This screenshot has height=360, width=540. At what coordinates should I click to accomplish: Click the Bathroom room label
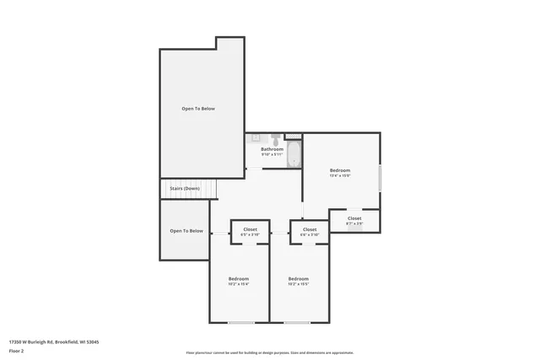[x=272, y=149]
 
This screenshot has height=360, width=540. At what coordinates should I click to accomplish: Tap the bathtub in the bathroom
[x=294, y=154]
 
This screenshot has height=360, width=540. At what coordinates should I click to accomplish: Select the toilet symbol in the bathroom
[x=275, y=139]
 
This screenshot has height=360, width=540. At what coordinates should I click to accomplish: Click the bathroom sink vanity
[x=256, y=139]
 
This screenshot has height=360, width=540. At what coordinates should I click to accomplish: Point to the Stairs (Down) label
[x=185, y=188]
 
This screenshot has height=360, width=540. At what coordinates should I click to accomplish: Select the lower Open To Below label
[x=186, y=230]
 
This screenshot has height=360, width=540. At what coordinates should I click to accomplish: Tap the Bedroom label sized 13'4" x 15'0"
[x=340, y=170]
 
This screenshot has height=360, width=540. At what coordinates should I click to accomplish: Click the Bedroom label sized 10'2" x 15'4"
[x=239, y=278]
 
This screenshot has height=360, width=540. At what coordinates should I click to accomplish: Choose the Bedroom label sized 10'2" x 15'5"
[x=299, y=278]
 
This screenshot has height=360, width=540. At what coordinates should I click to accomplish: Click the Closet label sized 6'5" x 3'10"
[x=251, y=229]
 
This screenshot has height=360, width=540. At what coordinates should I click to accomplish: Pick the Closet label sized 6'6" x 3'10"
[x=310, y=229]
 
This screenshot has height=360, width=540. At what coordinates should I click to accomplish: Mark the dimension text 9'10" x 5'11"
[x=272, y=154]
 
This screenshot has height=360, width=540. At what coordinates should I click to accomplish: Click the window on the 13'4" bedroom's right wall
[x=380, y=178]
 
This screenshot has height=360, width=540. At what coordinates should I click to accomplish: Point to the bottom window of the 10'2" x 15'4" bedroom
[x=240, y=323]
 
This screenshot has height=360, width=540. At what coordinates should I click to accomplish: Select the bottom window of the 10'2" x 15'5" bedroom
[x=297, y=323]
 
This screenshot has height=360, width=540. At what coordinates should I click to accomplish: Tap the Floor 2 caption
[x=17, y=350]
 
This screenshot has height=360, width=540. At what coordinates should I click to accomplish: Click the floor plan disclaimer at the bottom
[x=270, y=352]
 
